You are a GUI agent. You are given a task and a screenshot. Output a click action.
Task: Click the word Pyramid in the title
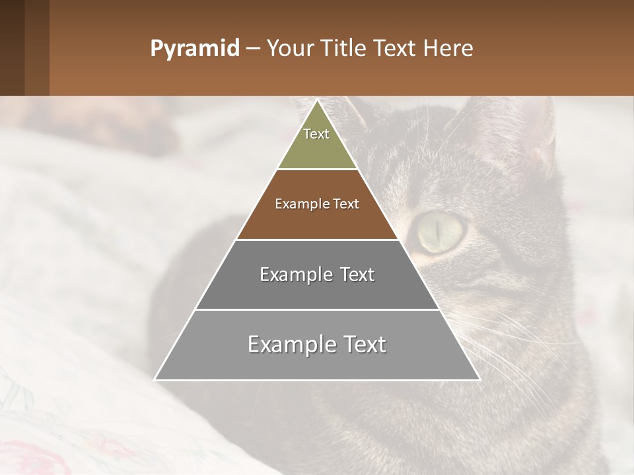pos(194,49)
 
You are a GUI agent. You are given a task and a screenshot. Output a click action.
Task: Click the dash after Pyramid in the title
pos(252,49)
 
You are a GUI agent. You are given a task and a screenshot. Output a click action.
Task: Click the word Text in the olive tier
pos(316,134)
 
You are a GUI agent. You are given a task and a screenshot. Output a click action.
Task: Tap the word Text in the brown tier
pos(346,205)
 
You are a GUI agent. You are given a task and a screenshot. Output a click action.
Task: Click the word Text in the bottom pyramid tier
pos(362,344)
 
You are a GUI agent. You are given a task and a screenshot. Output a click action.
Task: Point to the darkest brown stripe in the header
pos(12,47)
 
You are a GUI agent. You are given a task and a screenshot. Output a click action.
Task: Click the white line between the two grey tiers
pos(317,309)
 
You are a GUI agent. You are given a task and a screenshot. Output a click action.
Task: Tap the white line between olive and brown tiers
pos(317,170)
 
